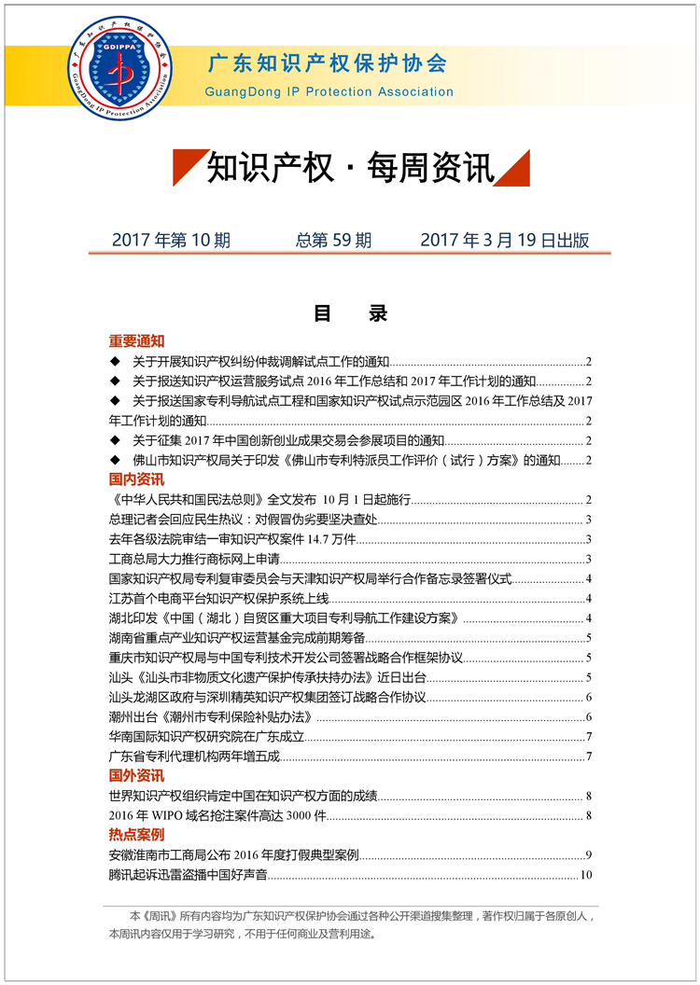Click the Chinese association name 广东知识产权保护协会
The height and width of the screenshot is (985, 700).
pyautogui.click(x=327, y=63)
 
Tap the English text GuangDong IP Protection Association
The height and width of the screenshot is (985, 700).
pyautogui.click(x=329, y=91)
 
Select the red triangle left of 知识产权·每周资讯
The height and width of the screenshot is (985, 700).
pyautogui.click(x=187, y=168)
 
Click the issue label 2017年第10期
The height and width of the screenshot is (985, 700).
pyautogui.click(x=171, y=240)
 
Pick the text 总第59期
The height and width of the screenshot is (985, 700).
pyautogui.click(x=333, y=240)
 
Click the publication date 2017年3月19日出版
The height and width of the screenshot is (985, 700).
pyautogui.click(x=504, y=240)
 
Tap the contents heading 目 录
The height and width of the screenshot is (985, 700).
pyautogui.click(x=350, y=314)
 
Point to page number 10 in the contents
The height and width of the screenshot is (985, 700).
pyautogui.click(x=586, y=875)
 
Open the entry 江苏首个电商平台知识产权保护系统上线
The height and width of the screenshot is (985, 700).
pyautogui.click(x=220, y=599)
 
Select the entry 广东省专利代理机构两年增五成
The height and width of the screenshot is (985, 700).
pyautogui.click(x=194, y=756)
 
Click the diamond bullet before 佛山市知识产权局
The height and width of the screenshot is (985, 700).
pyautogui.click(x=115, y=460)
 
